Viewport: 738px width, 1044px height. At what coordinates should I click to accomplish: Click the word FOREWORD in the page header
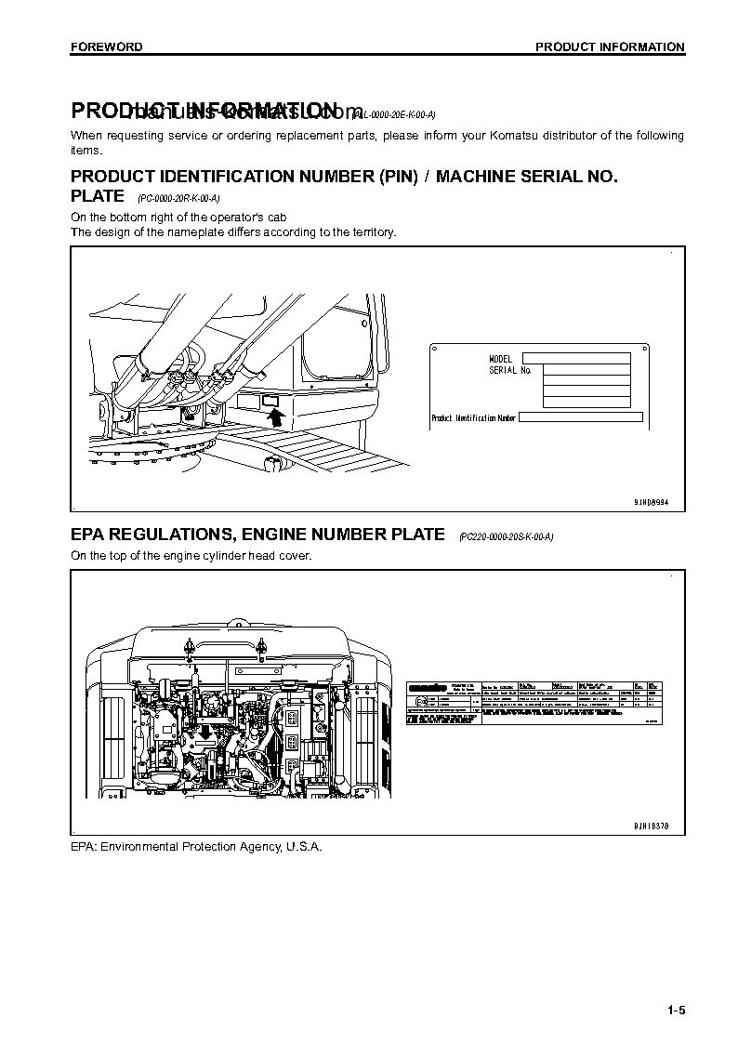(107, 46)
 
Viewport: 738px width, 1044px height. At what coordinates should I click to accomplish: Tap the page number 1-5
(675, 1011)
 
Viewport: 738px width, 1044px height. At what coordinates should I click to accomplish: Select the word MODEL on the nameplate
(501, 358)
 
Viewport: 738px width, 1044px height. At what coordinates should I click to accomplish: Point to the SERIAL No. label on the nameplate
(509, 370)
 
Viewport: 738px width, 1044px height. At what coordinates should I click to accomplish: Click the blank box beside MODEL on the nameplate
(574, 358)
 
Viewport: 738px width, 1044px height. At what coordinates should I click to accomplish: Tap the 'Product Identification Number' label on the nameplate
(473, 418)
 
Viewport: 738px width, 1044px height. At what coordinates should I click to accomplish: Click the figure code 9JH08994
(651, 502)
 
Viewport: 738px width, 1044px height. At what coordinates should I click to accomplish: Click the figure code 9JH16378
(651, 826)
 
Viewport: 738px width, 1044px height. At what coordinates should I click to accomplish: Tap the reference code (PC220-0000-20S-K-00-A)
(506, 537)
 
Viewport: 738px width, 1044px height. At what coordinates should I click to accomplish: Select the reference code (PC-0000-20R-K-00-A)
(178, 198)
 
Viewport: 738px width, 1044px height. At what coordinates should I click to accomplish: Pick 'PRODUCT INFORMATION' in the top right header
(610, 46)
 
